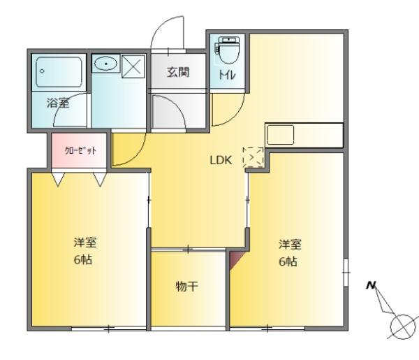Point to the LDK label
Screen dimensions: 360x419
(x=221, y=159)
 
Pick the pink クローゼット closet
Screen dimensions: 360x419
(x=78, y=151)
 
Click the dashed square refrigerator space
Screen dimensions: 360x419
(x=253, y=158)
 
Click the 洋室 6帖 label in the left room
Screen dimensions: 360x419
(x=85, y=252)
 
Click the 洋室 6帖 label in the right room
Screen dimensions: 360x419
(x=290, y=253)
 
